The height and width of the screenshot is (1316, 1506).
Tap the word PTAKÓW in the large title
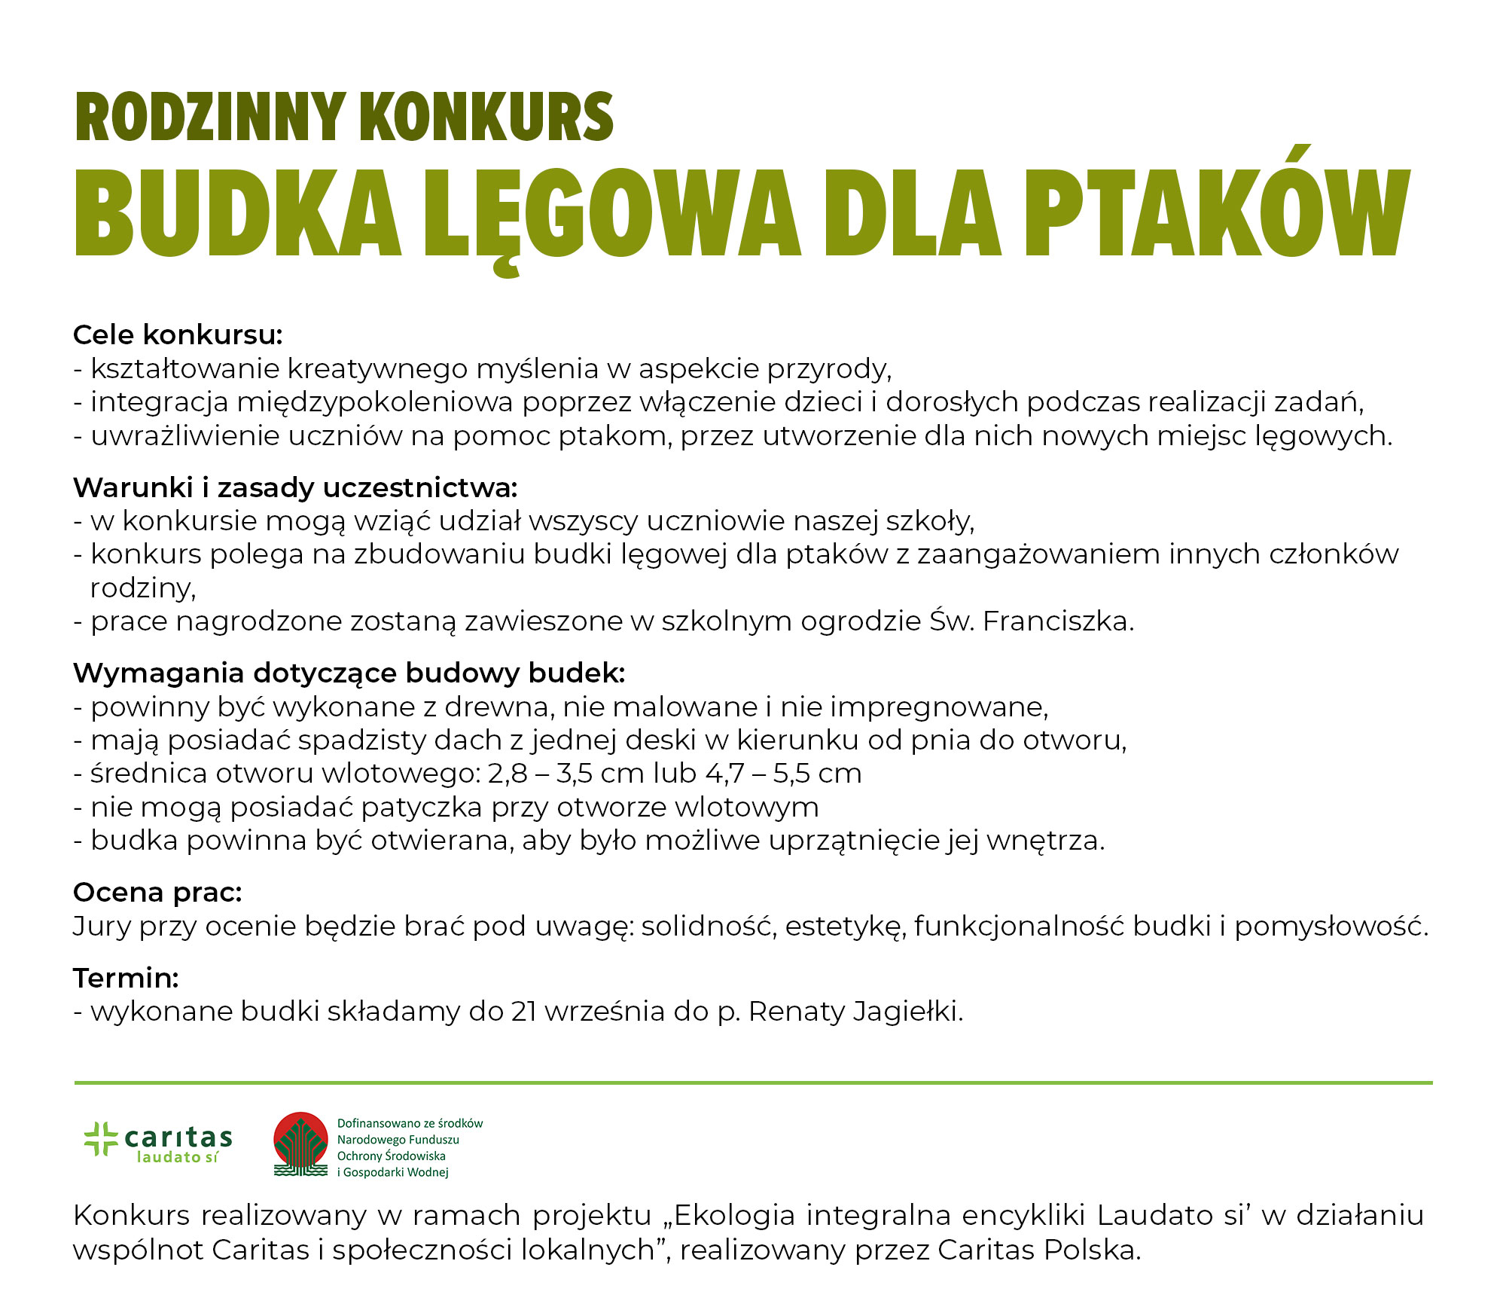click(1215, 212)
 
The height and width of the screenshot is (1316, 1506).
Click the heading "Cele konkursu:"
click(178, 335)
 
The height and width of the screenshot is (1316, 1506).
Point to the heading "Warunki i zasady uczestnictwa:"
click(295, 488)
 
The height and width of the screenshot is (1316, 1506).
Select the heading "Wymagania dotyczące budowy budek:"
click(349, 673)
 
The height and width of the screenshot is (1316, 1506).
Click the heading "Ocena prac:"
click(157, 892)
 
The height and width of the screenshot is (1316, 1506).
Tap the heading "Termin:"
click(126, 978)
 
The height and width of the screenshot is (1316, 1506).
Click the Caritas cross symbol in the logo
click(101, 1138)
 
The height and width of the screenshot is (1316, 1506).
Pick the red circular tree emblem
click(300, 1143)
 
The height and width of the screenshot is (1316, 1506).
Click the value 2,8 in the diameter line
click(508, 774)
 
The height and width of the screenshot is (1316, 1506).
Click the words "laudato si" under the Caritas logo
click(178, 1157)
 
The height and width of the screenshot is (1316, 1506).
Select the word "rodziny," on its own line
click(143, 588)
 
